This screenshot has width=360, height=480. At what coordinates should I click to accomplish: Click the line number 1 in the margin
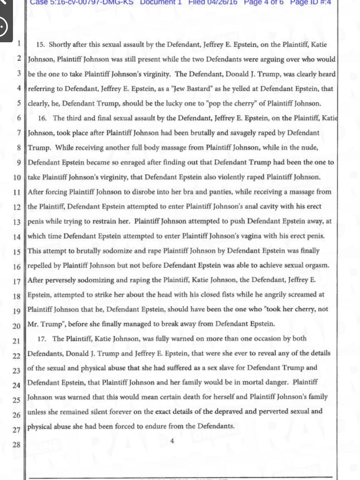pyautogui.click(x=18, y=43)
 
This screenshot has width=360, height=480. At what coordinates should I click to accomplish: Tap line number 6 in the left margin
pyautogui.click(x=19, y=118)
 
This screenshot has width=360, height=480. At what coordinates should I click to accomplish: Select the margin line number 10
pyautogui.click(x=17, y=177)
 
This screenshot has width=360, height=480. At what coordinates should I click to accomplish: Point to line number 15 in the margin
pyautogui.click(x=17, y=252)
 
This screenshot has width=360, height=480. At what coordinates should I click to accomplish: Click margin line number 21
pyautogui.click(x=17, y=341)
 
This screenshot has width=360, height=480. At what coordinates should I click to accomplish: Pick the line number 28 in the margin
pyautogui.click(x=16, y=444)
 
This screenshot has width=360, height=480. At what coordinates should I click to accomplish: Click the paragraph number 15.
pyautogui.click(x=41, y=45)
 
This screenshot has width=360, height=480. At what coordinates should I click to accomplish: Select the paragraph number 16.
pyautogui.click(x=42, y=118)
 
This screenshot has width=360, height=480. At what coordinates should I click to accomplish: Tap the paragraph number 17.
pyautogui.click(x=42, y=339)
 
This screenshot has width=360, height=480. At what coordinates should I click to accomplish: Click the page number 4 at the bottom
pyautogui.click(x=172, y=441)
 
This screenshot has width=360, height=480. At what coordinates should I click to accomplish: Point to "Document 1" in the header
pyautogui.click(x=161, y=2)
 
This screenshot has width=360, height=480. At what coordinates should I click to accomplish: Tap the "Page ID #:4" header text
pyautogui.click(x=310, y=2)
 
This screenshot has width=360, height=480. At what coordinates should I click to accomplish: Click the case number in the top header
pyautogui.click(x=82, y=2)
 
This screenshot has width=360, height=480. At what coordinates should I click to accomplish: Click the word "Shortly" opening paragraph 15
pyautogui.click(x=59, y=45)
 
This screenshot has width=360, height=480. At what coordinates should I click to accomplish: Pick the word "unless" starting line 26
pyautogui.click(x=37, y=412)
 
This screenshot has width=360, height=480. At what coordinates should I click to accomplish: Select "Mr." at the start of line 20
pyautogui.click(x=33, y=324)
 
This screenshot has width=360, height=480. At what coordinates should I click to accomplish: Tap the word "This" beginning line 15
pyautogui.click(x=34, y=251)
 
